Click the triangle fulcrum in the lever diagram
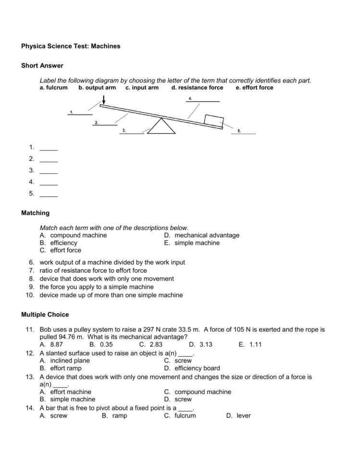coord(161,127)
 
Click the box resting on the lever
coord(213,120)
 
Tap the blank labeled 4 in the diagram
coord(203,100)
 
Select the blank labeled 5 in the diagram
coord(244,133)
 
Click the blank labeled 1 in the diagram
coord(80,114)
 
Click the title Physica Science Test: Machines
coord(71,46)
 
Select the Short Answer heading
coord(42,65)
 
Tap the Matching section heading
coord(35,213)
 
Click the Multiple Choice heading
coord(45,315)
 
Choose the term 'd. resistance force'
coord(197,88)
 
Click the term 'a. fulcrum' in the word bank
coord(53,88)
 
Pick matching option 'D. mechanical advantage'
coord(201,235)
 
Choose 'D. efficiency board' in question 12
coord(192,368)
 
